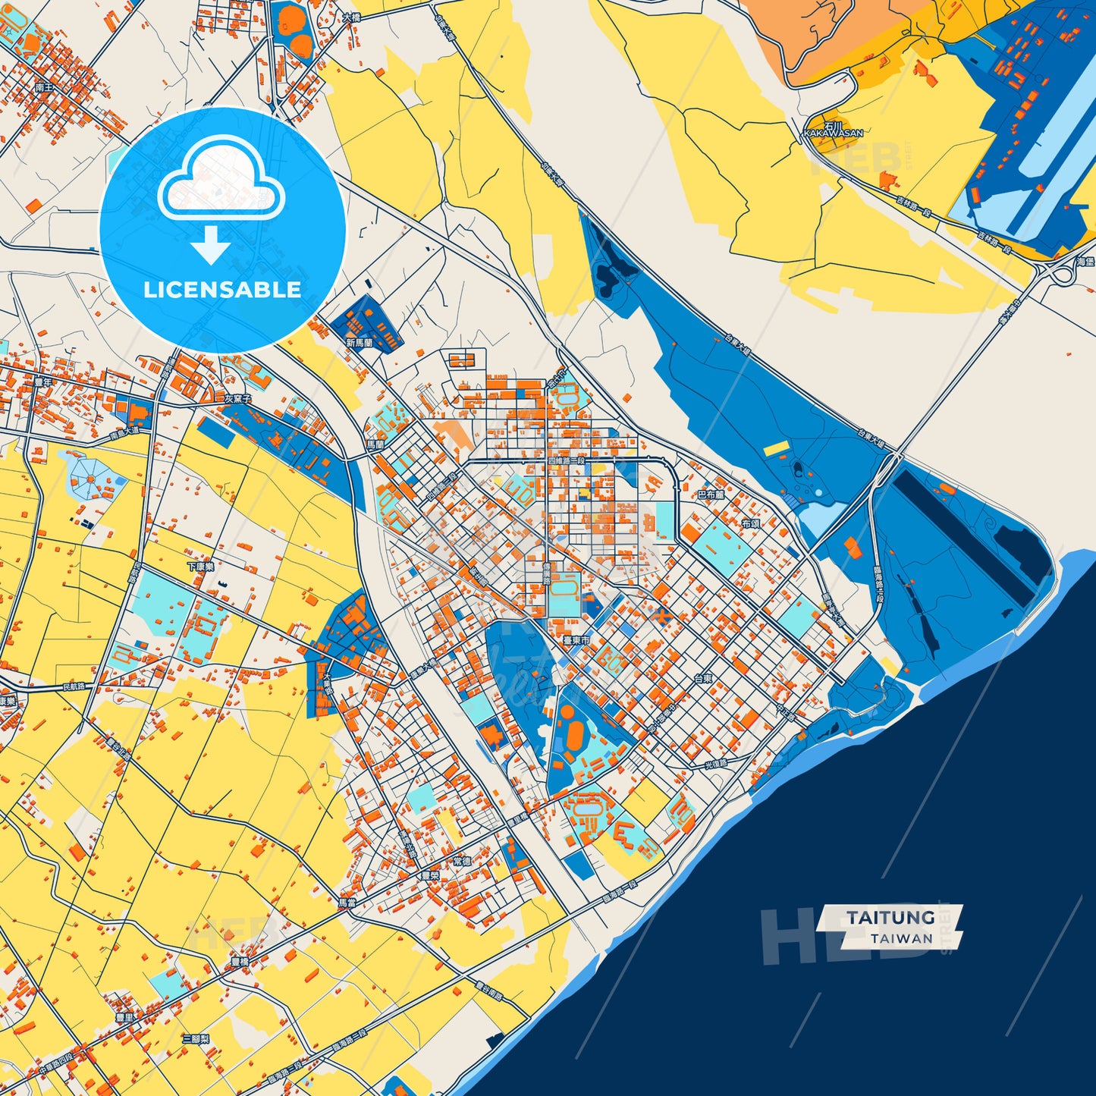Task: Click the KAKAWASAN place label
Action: [834, 132]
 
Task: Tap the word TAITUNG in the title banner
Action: [890, 918]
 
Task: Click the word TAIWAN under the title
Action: [902, 938]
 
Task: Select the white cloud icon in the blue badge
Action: [221, 182]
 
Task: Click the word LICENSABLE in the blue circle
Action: [222, 290]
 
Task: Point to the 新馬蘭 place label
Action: [360, 343]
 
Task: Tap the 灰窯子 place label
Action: [237, 398]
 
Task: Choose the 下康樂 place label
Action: [200, 567]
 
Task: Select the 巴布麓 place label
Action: [711, 495]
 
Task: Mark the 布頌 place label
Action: [750, 524]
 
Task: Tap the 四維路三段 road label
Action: [567, 460]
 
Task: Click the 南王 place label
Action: [44, 88]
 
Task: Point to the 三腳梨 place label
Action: [196, 1038]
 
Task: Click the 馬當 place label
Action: [347, 903]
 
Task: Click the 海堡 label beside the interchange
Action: [1085, 262]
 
